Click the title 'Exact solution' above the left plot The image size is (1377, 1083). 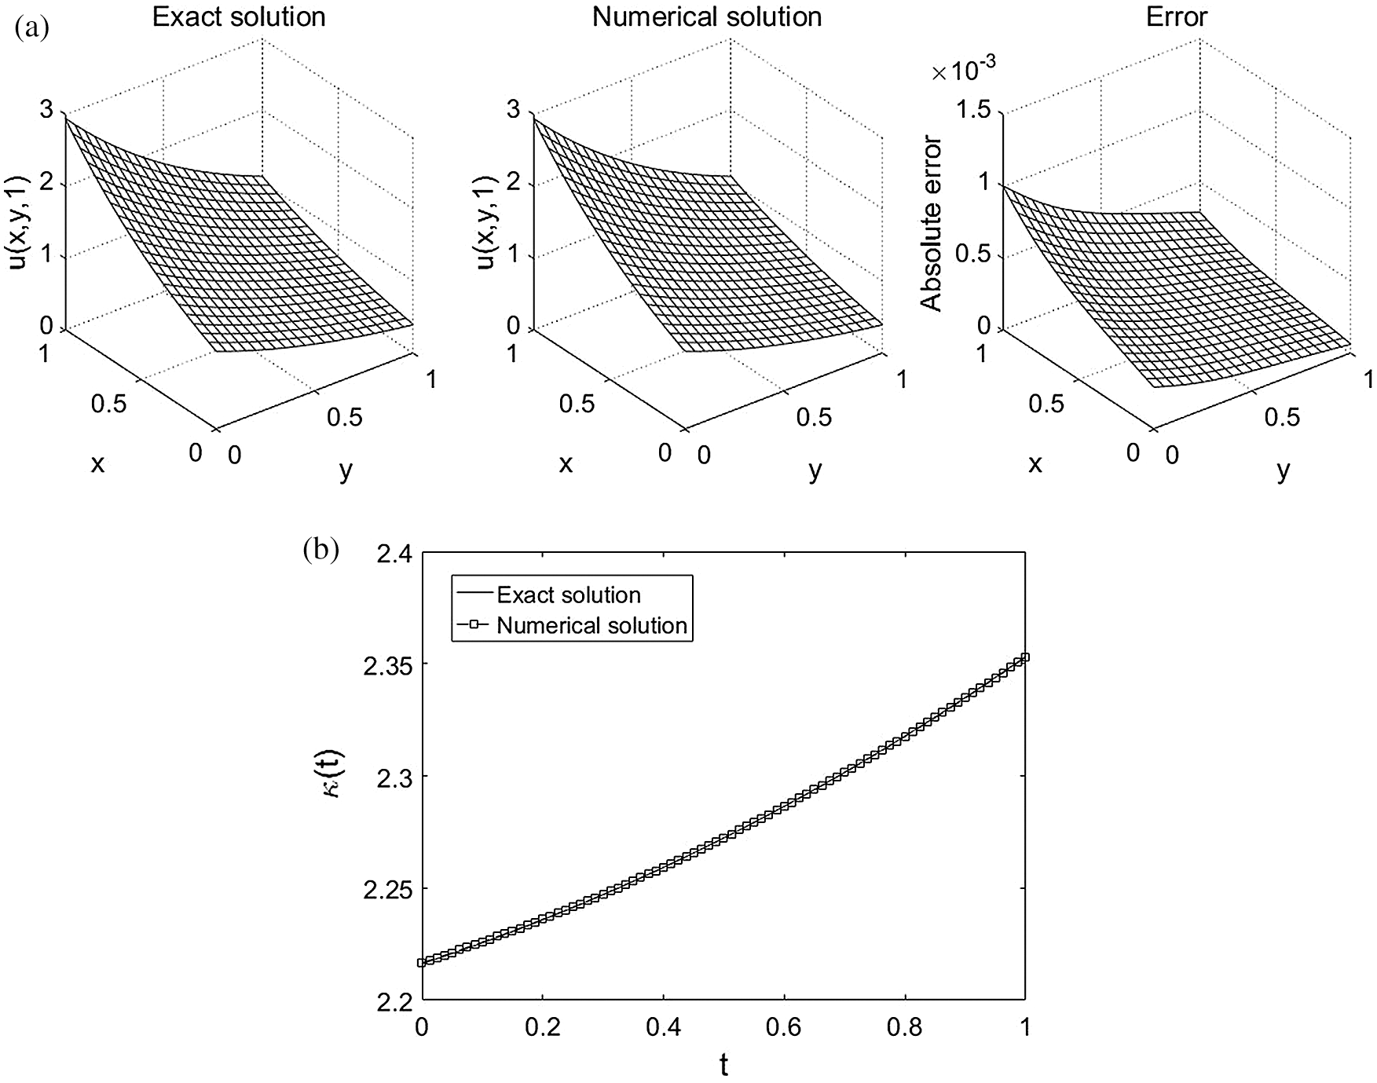coord(239,17)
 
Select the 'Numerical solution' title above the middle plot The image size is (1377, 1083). coord(707,17)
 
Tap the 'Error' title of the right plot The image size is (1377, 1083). coord(1176,17)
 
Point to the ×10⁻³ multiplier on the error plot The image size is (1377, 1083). coord(963,71)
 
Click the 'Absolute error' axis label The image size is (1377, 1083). coord(932,224)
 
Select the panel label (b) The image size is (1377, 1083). coord(320,550)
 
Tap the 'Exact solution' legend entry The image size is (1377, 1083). coord(569,595)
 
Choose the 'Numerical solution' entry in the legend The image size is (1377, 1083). coord(592,625)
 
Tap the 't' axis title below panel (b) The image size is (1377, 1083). coord(723,1065)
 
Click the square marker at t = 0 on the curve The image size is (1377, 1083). coord(422,962)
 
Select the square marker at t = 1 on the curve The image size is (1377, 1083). coord(1024,657)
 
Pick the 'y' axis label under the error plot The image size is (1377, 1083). coord(1283,470)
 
